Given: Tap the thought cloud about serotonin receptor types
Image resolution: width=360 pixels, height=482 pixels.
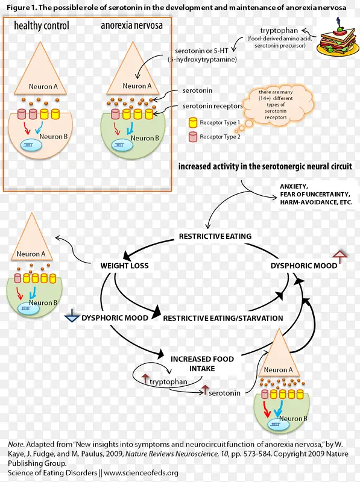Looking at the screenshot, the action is (277, 104).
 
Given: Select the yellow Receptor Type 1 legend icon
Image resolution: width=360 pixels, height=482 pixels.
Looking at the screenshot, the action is (193, 123).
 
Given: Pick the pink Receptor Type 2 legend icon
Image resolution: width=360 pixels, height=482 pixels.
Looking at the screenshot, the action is (193, 137).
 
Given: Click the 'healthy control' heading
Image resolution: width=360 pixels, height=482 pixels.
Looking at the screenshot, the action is (42, 25).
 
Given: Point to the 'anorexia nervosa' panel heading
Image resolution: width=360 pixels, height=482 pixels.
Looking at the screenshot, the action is (131, 25).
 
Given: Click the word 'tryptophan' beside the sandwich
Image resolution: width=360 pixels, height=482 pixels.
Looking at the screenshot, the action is (279, 31).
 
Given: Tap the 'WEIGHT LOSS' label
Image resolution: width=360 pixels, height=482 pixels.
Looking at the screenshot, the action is (124, 266).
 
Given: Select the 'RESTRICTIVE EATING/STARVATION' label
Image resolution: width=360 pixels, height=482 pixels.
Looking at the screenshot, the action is (223, 318).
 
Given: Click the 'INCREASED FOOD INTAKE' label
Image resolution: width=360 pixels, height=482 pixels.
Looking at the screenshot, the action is (202, 364).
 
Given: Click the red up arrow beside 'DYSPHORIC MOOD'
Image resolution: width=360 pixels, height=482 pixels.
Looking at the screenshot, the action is (340, 257).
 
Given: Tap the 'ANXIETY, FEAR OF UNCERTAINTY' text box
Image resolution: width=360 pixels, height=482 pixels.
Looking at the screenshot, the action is (316, 194).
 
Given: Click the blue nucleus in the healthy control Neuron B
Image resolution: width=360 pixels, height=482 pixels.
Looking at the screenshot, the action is (31, 145).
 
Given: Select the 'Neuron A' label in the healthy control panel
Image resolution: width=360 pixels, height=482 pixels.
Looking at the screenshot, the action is (43, 87).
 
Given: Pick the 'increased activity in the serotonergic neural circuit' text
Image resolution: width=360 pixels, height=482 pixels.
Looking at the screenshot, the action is (265, 167).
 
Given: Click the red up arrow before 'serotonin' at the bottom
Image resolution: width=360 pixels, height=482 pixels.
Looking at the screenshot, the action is (204, 390).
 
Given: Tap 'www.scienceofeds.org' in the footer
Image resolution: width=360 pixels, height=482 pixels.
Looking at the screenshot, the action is (141, 473).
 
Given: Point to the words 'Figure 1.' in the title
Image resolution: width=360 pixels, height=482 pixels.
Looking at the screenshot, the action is (21, 8).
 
